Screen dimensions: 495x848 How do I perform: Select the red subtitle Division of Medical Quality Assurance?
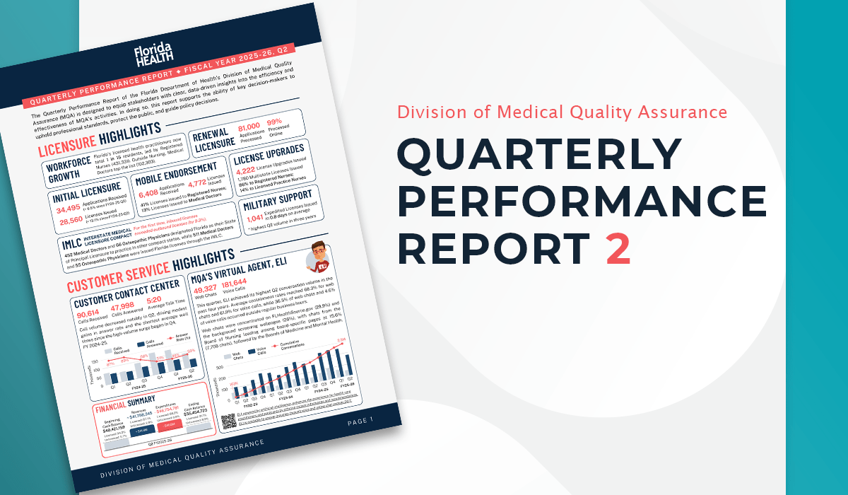click(562, 112)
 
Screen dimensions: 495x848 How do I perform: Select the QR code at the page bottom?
click(228, 421)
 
